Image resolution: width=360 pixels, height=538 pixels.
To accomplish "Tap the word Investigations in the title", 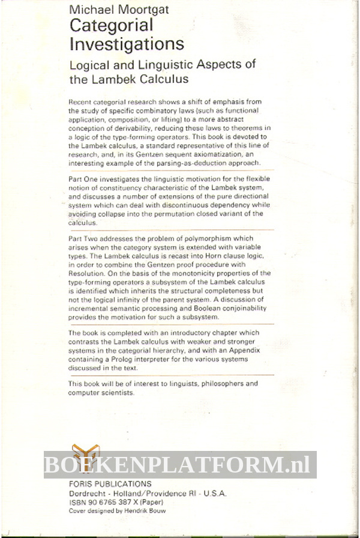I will point(126,44).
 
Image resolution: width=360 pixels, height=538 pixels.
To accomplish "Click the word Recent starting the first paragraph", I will point(82,101).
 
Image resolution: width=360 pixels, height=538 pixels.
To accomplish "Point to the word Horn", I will point(211,255).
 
